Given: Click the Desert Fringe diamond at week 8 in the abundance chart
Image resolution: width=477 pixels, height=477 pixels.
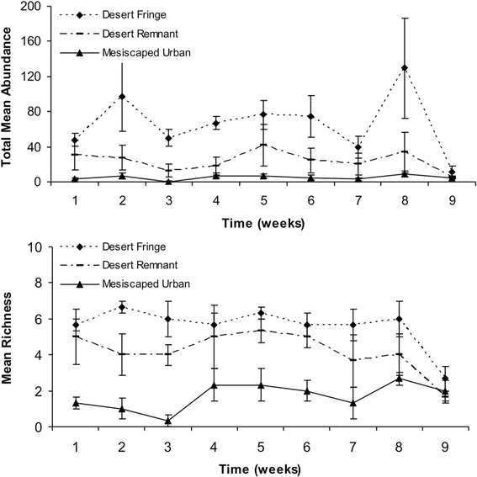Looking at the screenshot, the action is click(405, 67).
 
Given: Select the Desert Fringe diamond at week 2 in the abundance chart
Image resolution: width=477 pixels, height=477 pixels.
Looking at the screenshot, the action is click(122, 97).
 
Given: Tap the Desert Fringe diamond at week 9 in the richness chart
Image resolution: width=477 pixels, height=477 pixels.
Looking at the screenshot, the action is click(445, 379).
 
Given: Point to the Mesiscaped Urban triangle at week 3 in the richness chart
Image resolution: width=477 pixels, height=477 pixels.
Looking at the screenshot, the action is click(168, 421).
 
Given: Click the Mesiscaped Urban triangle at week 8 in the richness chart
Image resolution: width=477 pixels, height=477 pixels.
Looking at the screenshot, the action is click(399, 379).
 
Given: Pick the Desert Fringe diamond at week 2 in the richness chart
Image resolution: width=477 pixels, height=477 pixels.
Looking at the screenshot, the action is click(122, 307).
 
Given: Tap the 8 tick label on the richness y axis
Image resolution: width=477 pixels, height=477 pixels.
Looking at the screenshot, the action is click(38, 283).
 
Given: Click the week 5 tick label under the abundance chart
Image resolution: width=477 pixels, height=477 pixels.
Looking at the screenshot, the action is click(263, 201).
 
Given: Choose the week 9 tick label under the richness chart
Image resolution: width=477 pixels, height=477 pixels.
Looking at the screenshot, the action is click(445, 448).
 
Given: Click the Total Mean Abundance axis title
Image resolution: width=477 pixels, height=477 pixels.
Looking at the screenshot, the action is click(6, 97).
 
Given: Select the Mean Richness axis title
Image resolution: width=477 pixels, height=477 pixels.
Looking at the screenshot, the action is click(6, 338).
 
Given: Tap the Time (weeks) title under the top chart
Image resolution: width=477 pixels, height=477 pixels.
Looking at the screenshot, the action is click(263, 223).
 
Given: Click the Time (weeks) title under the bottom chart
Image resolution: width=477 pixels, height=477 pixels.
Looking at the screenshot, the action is click(260, 469).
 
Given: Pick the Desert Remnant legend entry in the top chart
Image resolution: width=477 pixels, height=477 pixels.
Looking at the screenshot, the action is click(119, 34).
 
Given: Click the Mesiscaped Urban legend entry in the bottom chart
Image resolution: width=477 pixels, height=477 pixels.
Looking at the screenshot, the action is click(125, 284).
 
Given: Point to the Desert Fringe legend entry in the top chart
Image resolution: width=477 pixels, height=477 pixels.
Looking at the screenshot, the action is click(114, 14).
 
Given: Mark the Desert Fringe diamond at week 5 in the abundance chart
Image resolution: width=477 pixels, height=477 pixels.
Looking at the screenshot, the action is click(263, 114).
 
